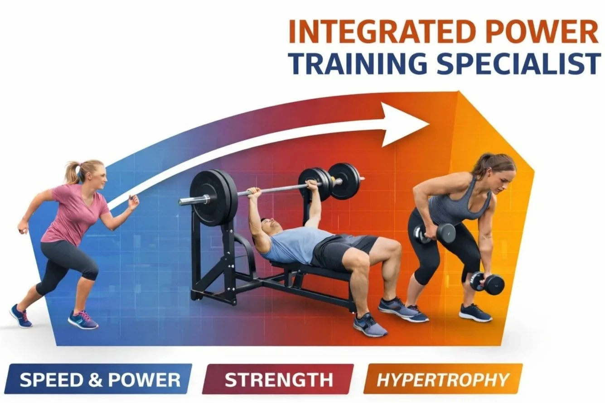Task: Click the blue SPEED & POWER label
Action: (99, 379)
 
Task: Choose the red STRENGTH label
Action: (278, 379)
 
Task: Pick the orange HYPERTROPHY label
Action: (443, 379)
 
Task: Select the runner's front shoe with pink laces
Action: (83, 320)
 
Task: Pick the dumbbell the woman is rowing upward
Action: (440, 233)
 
